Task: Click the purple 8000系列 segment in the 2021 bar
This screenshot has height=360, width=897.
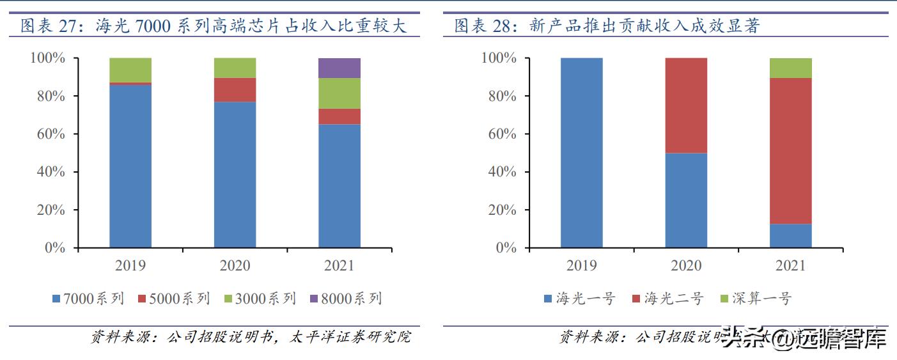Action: click(x=339, y=68)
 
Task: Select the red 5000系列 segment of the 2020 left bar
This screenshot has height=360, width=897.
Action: click(x=235, y=90)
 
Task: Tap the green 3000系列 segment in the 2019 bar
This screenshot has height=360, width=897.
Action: click(x=130, y=70)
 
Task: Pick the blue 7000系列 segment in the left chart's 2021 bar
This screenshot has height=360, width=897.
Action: click(x=339, y=185)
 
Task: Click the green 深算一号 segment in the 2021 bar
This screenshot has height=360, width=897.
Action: click(x=791, y=68)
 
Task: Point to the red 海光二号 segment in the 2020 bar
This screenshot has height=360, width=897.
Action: click(x=686, y=106)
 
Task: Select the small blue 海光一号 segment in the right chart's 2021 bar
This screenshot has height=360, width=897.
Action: click(x=791, y=235)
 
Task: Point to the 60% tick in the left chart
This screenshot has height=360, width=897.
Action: click(x=48, y=134)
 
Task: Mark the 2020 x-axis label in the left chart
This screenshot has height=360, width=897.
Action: click(x=235, y=265)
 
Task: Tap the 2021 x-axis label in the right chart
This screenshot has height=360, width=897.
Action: click(x=791, y=265)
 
